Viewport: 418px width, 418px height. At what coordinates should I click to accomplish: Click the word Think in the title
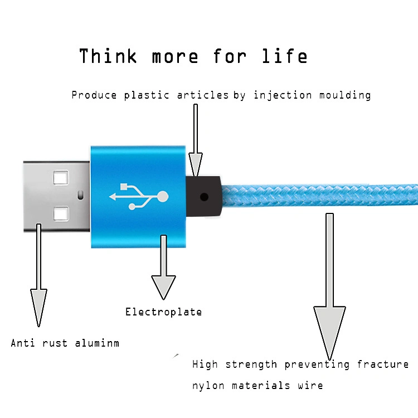(108, 56)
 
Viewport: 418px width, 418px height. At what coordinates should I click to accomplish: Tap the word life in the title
(285, 56)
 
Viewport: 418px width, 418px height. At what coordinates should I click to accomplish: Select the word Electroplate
(163, 312)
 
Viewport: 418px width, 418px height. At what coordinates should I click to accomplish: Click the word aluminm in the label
(97, 343)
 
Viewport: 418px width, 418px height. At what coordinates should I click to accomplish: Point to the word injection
(283, 95)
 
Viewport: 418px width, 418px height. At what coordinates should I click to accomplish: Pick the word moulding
(345, 95)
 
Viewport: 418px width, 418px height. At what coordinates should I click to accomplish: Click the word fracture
(383, 364)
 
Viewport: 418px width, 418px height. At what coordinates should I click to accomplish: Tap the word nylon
(208, 386)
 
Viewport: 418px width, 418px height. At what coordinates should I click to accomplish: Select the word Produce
(94, 95)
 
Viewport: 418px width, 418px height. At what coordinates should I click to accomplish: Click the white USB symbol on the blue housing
(139, 197)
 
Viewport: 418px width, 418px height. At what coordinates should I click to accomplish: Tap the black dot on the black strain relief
(204, 197)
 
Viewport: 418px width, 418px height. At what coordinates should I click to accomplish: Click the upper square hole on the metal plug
(61, 178)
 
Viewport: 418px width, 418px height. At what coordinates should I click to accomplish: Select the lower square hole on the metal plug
(61, 214)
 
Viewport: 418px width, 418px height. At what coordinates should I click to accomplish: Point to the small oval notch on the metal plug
(80, 195)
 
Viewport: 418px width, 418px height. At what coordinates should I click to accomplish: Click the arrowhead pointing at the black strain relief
(196, 164)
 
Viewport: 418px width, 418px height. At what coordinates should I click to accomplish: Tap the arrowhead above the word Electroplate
(163, 288)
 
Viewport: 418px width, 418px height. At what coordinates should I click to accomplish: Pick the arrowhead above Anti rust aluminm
(38, 308)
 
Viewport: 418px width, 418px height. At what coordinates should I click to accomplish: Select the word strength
(251, 364)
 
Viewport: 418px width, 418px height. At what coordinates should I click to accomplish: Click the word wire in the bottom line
(310, 386)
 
